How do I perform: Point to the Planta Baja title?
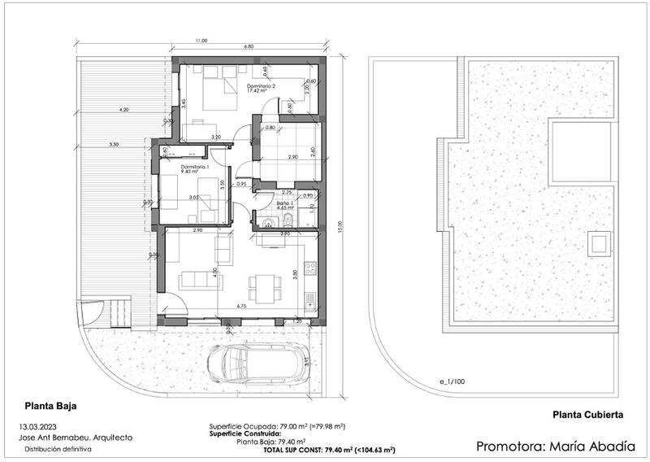(50, 403)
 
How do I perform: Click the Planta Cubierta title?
(588, 414)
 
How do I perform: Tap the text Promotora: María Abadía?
(550, 446)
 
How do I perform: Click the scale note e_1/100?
(451, 381)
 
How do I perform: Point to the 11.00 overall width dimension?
(201, 41)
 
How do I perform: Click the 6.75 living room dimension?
(240, 307)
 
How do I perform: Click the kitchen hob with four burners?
(310, 268)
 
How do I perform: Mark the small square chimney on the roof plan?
(598, 242)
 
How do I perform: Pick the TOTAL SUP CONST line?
(330, 449)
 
